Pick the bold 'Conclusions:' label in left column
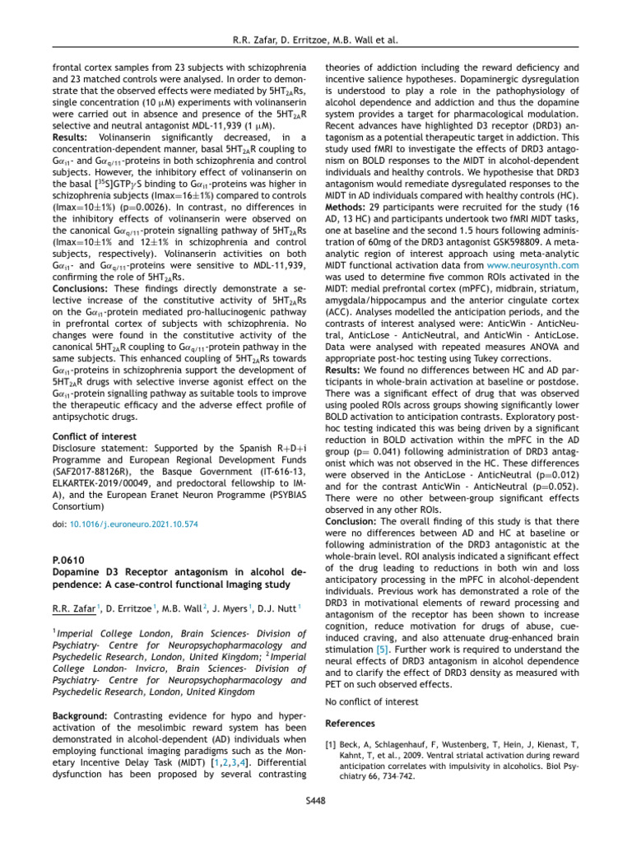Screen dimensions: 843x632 pos(86,289)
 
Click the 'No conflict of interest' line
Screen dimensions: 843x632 pos(372,701)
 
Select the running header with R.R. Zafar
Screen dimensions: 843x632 pos(316,38)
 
